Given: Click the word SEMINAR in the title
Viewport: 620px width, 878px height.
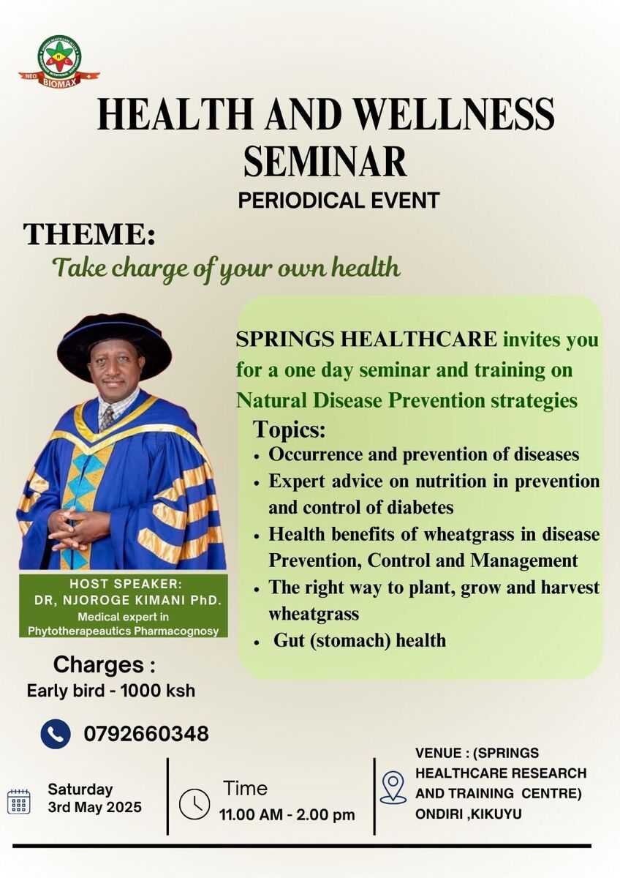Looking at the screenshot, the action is coord(325,160).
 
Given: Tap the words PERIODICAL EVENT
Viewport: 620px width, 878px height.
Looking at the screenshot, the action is coord(339,200).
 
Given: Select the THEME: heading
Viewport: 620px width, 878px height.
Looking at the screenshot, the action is coord(89,234).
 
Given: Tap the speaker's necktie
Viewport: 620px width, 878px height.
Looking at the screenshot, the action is coord(107,419).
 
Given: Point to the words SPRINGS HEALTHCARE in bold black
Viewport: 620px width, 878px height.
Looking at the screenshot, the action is coord(366,339).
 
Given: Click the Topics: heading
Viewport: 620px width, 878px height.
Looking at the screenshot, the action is coord(289,429).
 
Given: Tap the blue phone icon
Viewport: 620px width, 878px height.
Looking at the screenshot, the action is coord(56,734).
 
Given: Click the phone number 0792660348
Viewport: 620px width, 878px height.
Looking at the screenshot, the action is coord(146,734).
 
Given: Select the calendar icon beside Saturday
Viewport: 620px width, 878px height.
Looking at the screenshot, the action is coord(19,801).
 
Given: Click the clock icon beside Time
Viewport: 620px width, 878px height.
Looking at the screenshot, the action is coord(194,804).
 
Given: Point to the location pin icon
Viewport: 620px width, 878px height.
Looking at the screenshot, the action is coord(393,787).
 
